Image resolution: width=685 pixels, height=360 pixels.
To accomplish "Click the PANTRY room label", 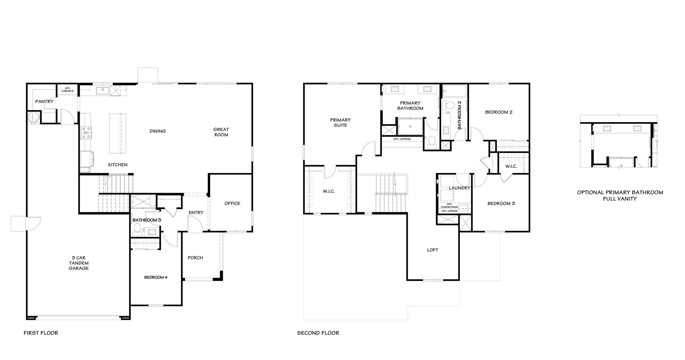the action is (x=44, y=101).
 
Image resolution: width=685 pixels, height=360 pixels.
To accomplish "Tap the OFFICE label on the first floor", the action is (x=232, y=203).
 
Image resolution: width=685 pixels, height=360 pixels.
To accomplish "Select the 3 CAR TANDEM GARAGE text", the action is (x=79, y=263).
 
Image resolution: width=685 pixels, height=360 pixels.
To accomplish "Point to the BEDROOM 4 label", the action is (x=156, y=277).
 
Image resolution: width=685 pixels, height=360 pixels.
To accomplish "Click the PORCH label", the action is (x=195, y=258).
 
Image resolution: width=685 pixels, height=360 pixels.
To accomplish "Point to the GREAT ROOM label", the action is (x=221, y=132).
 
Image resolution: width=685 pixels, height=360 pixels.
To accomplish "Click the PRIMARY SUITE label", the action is (x=340, y=122).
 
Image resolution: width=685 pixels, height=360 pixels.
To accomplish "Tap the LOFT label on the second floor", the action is (x=432, y=250).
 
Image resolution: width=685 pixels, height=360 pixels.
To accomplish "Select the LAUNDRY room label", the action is (x=460, y=188).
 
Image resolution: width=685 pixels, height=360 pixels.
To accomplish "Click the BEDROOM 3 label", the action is (x=501, y=203).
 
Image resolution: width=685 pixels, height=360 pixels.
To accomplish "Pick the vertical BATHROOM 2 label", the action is (x=460, y=115).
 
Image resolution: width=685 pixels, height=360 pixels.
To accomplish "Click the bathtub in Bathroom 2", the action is (x=455, y=91).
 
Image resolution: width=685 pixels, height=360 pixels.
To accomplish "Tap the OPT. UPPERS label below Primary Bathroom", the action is (x=402, y=139).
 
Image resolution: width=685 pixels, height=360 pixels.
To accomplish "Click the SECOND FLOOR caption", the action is (x=318, y=333).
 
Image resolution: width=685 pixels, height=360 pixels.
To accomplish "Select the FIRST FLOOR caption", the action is (x=41, y=333).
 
